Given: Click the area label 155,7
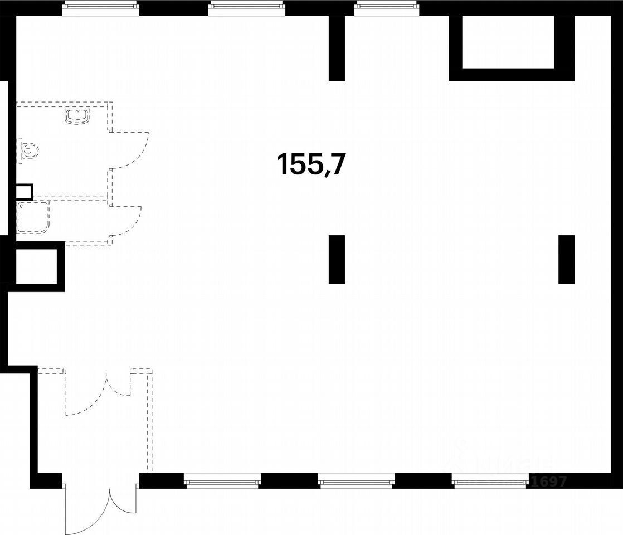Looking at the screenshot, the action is (311, 164).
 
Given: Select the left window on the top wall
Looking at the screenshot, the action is (100, 7).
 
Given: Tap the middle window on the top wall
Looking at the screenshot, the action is (246, 7).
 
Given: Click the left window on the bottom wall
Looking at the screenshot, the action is (222, 480).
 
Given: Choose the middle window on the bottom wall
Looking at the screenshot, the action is (356, 480).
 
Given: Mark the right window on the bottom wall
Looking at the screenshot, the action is (490, 480).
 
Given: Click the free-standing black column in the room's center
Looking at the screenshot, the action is (337, 259).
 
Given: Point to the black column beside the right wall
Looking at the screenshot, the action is (566, 259).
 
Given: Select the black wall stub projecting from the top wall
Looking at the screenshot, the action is (337, 48).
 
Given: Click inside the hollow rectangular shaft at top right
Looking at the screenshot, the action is (508, 42).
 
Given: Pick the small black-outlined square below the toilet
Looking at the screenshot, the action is (24, 192).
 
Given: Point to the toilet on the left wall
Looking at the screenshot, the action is (28, 150).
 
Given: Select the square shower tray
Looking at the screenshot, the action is (33, 217).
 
